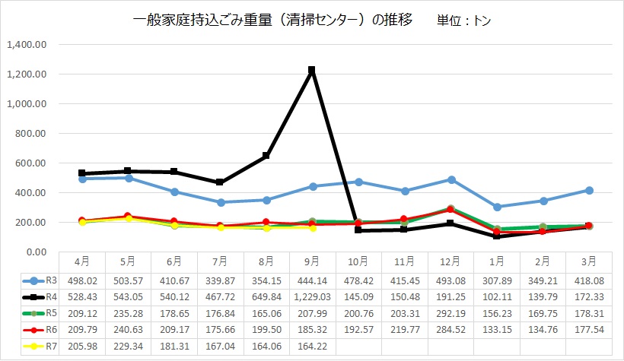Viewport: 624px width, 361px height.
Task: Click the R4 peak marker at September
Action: (x=311, y=71)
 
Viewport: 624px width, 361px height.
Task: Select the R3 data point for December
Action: (x=451, y=179)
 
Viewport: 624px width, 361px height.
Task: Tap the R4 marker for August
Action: (x=266, y=156)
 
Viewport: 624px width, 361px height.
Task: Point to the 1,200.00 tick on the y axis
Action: (x=27, y=74)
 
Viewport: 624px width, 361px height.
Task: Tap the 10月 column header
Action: (x=358, y=261)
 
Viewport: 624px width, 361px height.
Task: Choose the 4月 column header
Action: (x=82, y=261)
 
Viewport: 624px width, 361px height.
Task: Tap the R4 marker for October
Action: (x=358, y=230)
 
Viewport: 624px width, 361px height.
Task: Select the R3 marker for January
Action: (x=497, y=207)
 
